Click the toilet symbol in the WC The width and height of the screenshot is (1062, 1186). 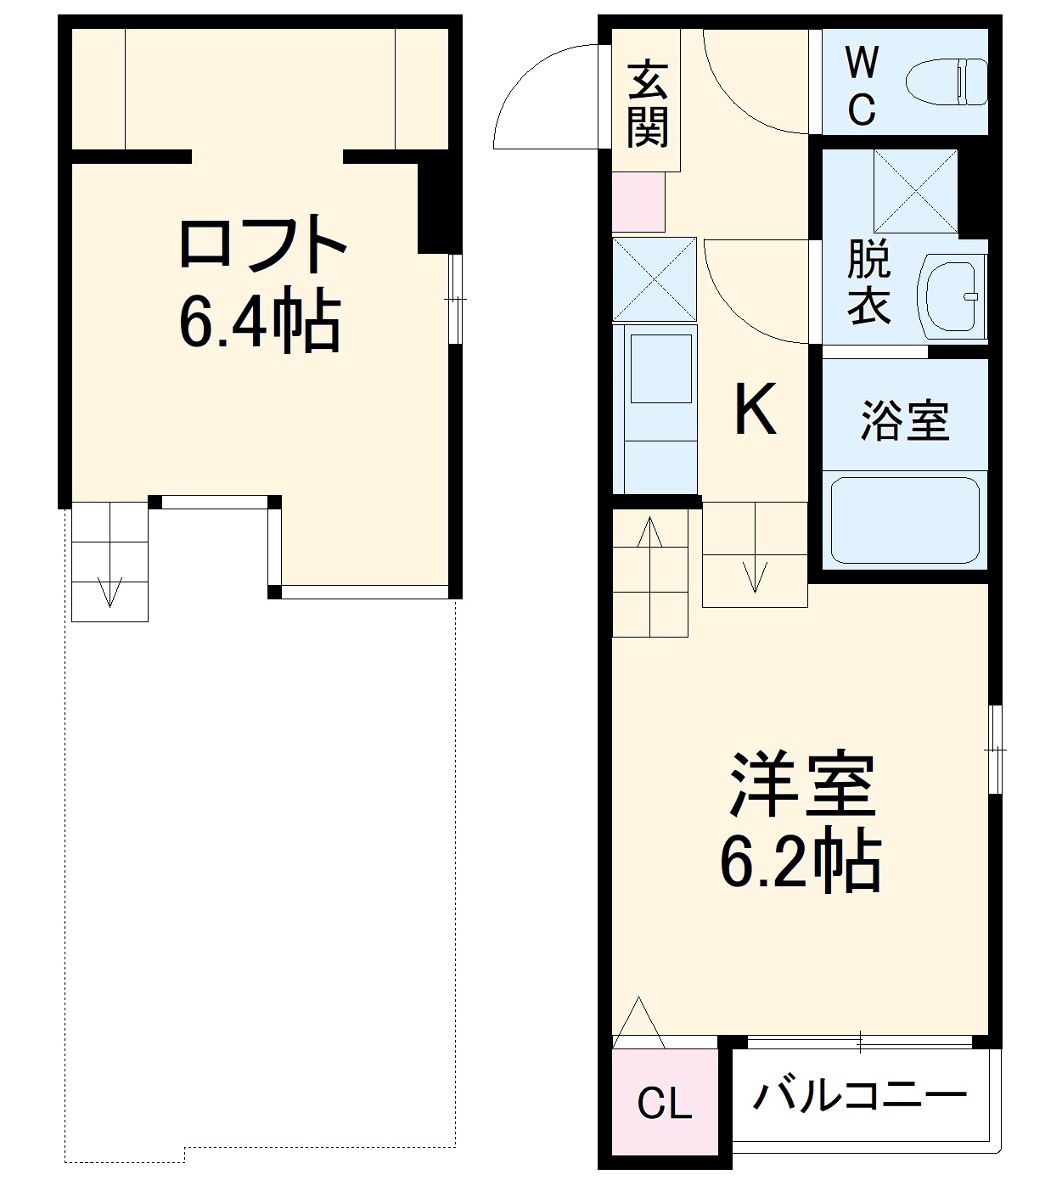[x=947, y=82]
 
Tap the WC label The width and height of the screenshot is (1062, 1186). [x=862, y=85]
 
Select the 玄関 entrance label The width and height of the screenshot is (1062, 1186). [x=648, y=104]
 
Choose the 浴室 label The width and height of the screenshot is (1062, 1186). [x=905, y=420]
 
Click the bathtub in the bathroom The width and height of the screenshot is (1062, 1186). [x=905, y=520]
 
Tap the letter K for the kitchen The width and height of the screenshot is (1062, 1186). [x=755, y=410]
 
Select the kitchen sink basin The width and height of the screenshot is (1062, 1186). [x=660, y=368]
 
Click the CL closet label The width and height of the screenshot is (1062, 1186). [x=664, y=1104]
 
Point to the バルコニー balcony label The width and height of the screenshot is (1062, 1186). [x=860, y=1095]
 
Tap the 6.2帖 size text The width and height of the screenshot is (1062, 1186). [x=801, y=862]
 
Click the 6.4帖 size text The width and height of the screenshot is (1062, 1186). [x=260, y=323]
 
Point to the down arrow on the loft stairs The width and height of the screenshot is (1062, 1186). [x=110, y=592]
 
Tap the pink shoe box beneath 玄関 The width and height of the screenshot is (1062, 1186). [x=638, y=202]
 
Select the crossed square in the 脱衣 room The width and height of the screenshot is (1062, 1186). [x=915, y=191]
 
